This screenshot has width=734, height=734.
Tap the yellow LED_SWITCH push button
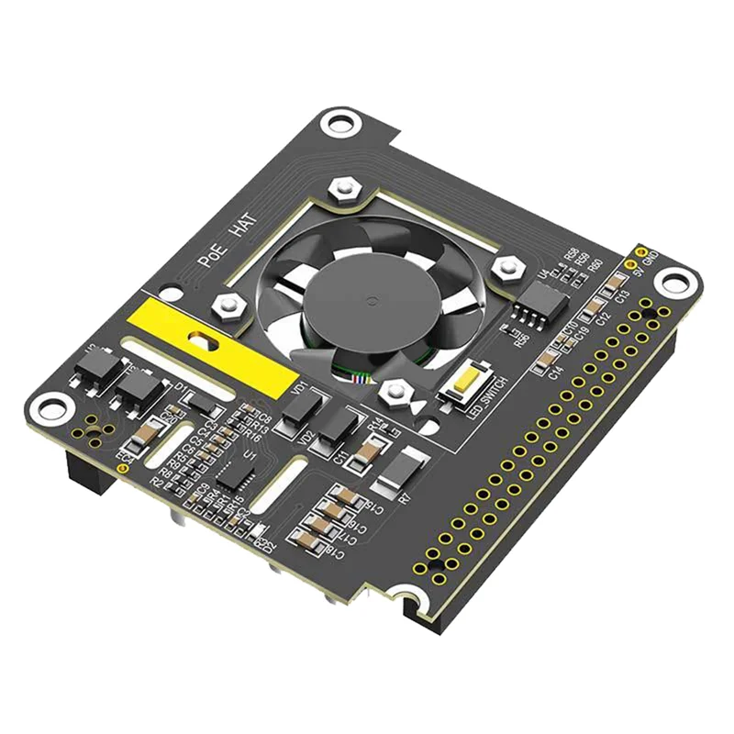pos(463,379)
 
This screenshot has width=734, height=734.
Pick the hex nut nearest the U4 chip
pos(506,266)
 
